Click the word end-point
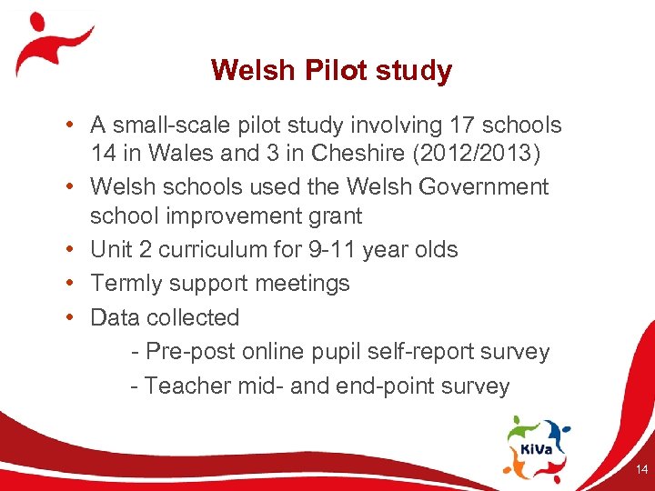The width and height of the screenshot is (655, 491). click(392, 386)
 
